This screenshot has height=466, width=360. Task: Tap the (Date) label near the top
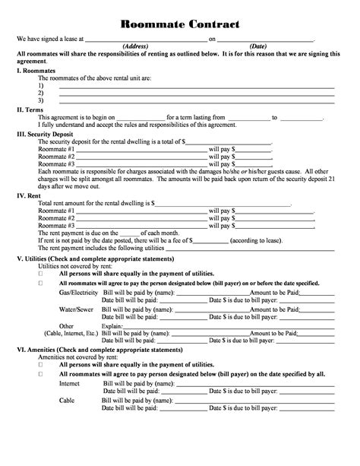(x=258, y=46)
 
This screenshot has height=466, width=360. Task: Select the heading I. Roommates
(x=36, y=70)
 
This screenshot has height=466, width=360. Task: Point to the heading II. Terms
(x=30, y=109)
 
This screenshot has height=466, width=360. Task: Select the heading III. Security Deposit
(x=47, y=133)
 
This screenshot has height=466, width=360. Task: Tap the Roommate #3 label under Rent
(x=56, y=226)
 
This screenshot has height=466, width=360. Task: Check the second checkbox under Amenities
(x=40, y=374)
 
